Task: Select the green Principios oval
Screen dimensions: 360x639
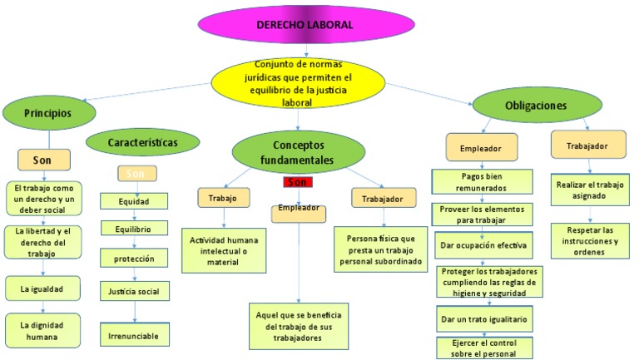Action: (47, 111)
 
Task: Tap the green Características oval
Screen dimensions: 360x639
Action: (142, 143)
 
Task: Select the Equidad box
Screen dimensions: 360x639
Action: (133, 200)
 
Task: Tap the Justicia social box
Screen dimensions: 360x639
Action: (134, 291)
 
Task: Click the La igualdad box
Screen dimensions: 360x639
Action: (42, 288)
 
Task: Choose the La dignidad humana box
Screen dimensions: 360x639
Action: (42, 330)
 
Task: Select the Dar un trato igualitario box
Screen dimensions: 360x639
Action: (483, 318)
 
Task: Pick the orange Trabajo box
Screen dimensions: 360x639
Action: (223, 198)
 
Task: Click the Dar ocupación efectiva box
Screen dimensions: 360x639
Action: (483, 245)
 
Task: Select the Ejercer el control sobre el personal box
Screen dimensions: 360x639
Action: (483, 347)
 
